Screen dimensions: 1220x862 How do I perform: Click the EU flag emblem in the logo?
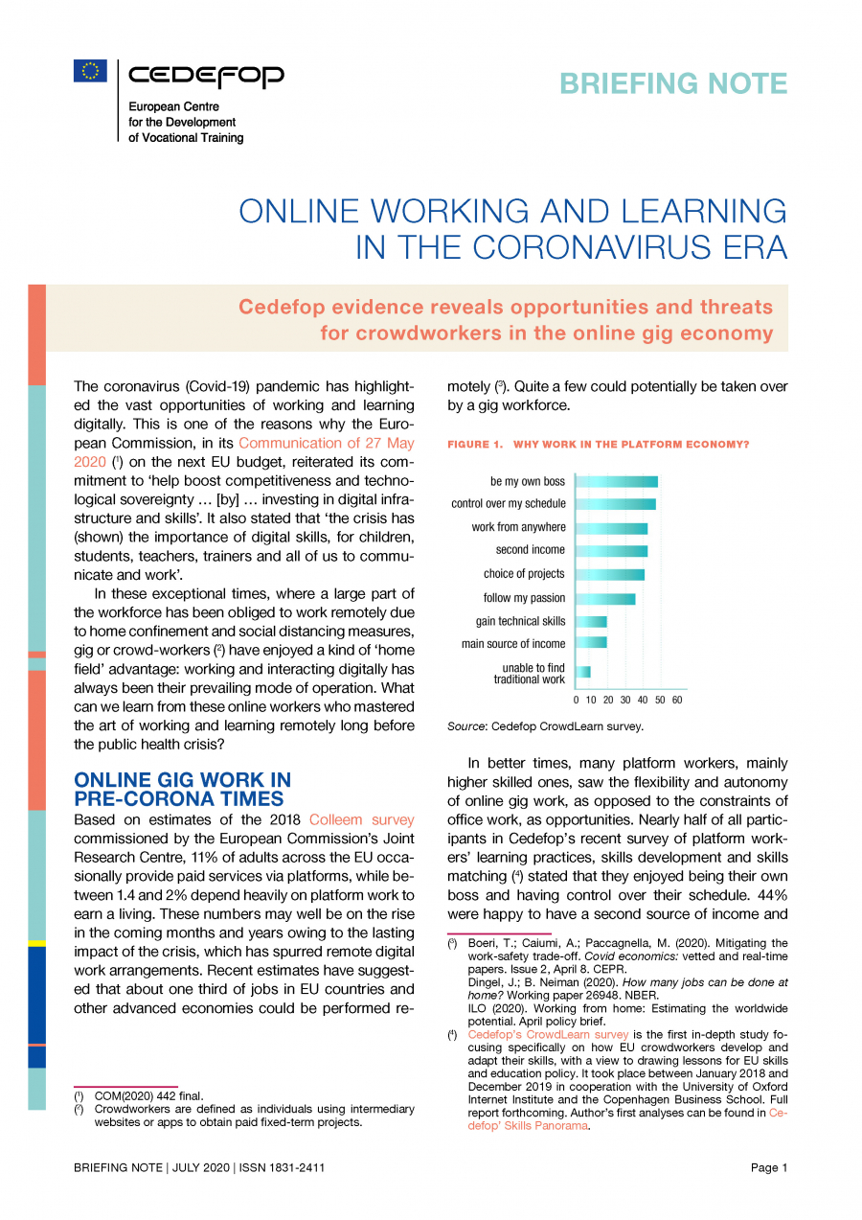point(90,70)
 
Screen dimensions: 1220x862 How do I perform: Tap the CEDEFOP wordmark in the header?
point(206,76)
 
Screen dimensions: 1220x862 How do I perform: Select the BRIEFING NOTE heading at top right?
point(673,84)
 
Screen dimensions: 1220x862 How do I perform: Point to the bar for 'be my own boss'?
point(616,481)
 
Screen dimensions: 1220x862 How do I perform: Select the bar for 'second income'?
point(611,550)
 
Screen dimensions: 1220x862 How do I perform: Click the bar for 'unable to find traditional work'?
point(582,673)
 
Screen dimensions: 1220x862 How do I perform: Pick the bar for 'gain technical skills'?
point(590,621)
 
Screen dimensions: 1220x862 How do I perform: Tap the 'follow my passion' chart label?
point(524,598)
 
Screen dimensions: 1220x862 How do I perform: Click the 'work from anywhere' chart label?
point(518,527)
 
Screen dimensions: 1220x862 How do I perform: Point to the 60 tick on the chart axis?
point(677,701)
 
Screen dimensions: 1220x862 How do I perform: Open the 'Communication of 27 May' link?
point(326,443)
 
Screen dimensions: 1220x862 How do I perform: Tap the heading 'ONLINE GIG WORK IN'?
point(183,780)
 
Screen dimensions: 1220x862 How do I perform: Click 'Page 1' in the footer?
point(769,1167)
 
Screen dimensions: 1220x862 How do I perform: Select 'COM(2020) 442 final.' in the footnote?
point(148,1095)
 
